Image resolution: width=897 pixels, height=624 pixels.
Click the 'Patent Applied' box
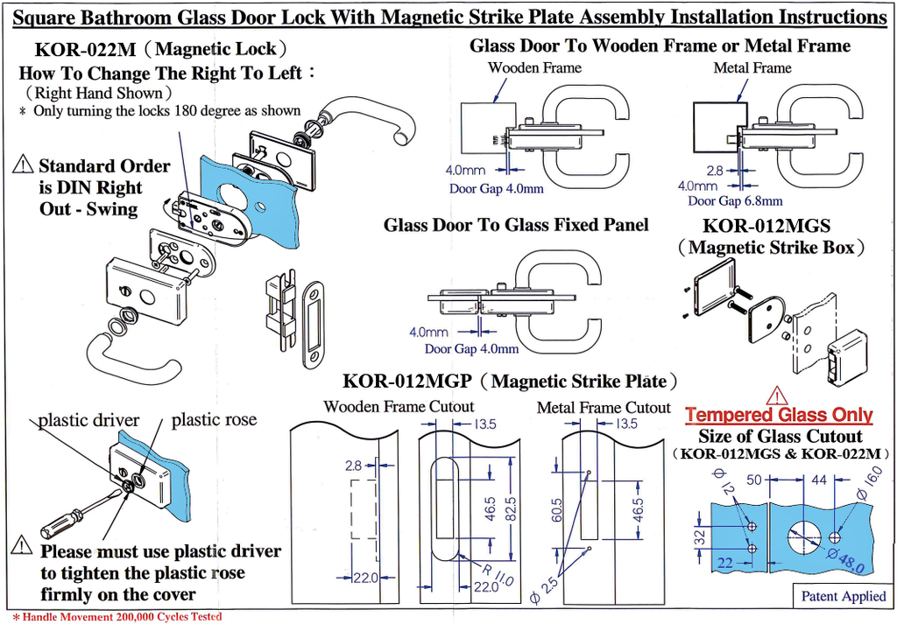844,597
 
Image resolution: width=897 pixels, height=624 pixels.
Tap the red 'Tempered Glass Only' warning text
779,415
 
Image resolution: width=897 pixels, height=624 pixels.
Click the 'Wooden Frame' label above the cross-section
534,67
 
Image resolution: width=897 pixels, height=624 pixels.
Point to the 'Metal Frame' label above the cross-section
752,67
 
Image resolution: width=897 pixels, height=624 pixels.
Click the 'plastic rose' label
214,420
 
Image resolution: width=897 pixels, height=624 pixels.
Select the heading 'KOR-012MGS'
766,225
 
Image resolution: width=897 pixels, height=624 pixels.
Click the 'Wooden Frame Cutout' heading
399,406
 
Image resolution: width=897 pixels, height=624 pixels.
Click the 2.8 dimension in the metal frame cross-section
714,171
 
